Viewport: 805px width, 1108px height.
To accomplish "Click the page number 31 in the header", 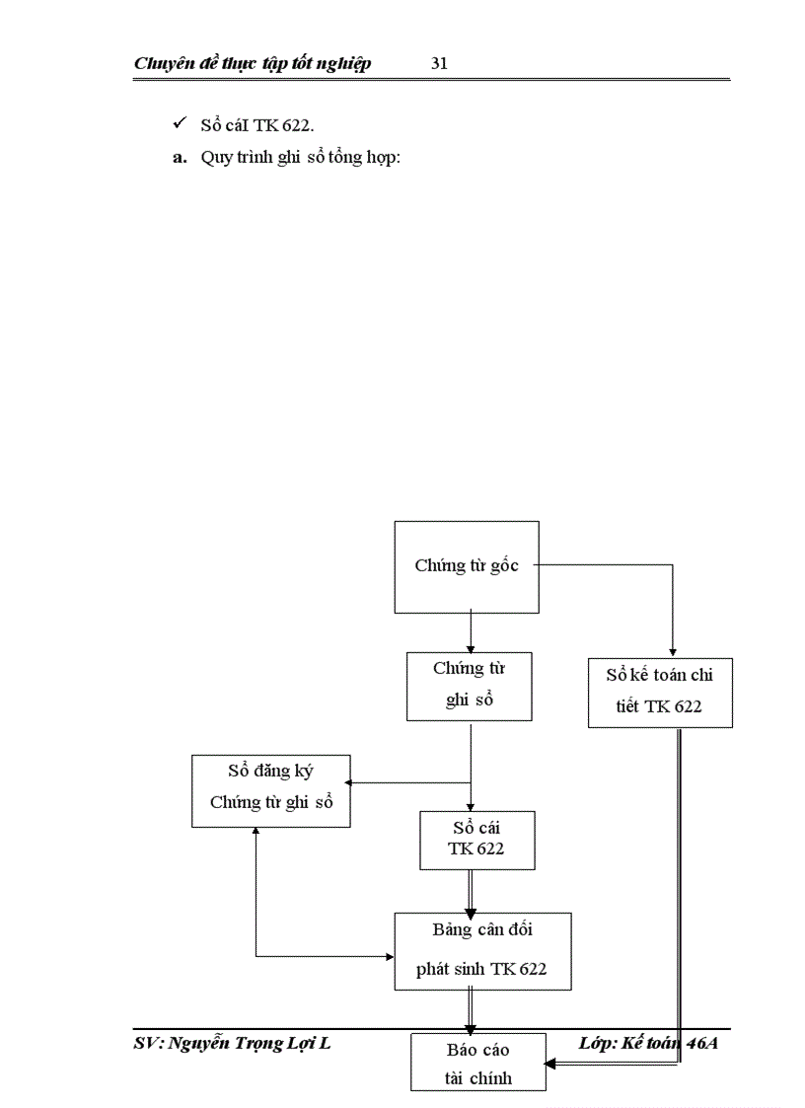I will pos(440,64).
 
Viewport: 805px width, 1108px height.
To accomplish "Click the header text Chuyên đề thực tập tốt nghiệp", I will pos(253,64).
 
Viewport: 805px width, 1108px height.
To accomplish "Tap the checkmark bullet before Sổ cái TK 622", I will pos(179,123).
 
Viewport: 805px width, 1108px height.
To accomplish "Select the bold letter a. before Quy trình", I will pos(180,158).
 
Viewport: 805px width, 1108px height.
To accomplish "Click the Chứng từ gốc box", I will pos(467,567).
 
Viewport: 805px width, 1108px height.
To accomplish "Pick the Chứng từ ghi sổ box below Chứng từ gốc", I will pos(470,685).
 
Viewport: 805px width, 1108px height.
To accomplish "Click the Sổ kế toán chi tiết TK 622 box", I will pos(660,692).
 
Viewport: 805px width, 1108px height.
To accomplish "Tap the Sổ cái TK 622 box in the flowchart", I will pos(476,840).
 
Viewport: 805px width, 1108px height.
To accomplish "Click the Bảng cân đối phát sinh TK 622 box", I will pos(482,950).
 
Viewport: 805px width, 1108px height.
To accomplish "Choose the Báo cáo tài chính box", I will pos(478,1062).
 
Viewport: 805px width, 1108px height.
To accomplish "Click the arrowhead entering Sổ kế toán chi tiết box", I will pos(673,650).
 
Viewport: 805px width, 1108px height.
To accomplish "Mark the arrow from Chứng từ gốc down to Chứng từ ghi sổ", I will pos(471,631).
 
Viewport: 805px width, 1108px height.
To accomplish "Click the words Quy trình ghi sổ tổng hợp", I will pos(300,158).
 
